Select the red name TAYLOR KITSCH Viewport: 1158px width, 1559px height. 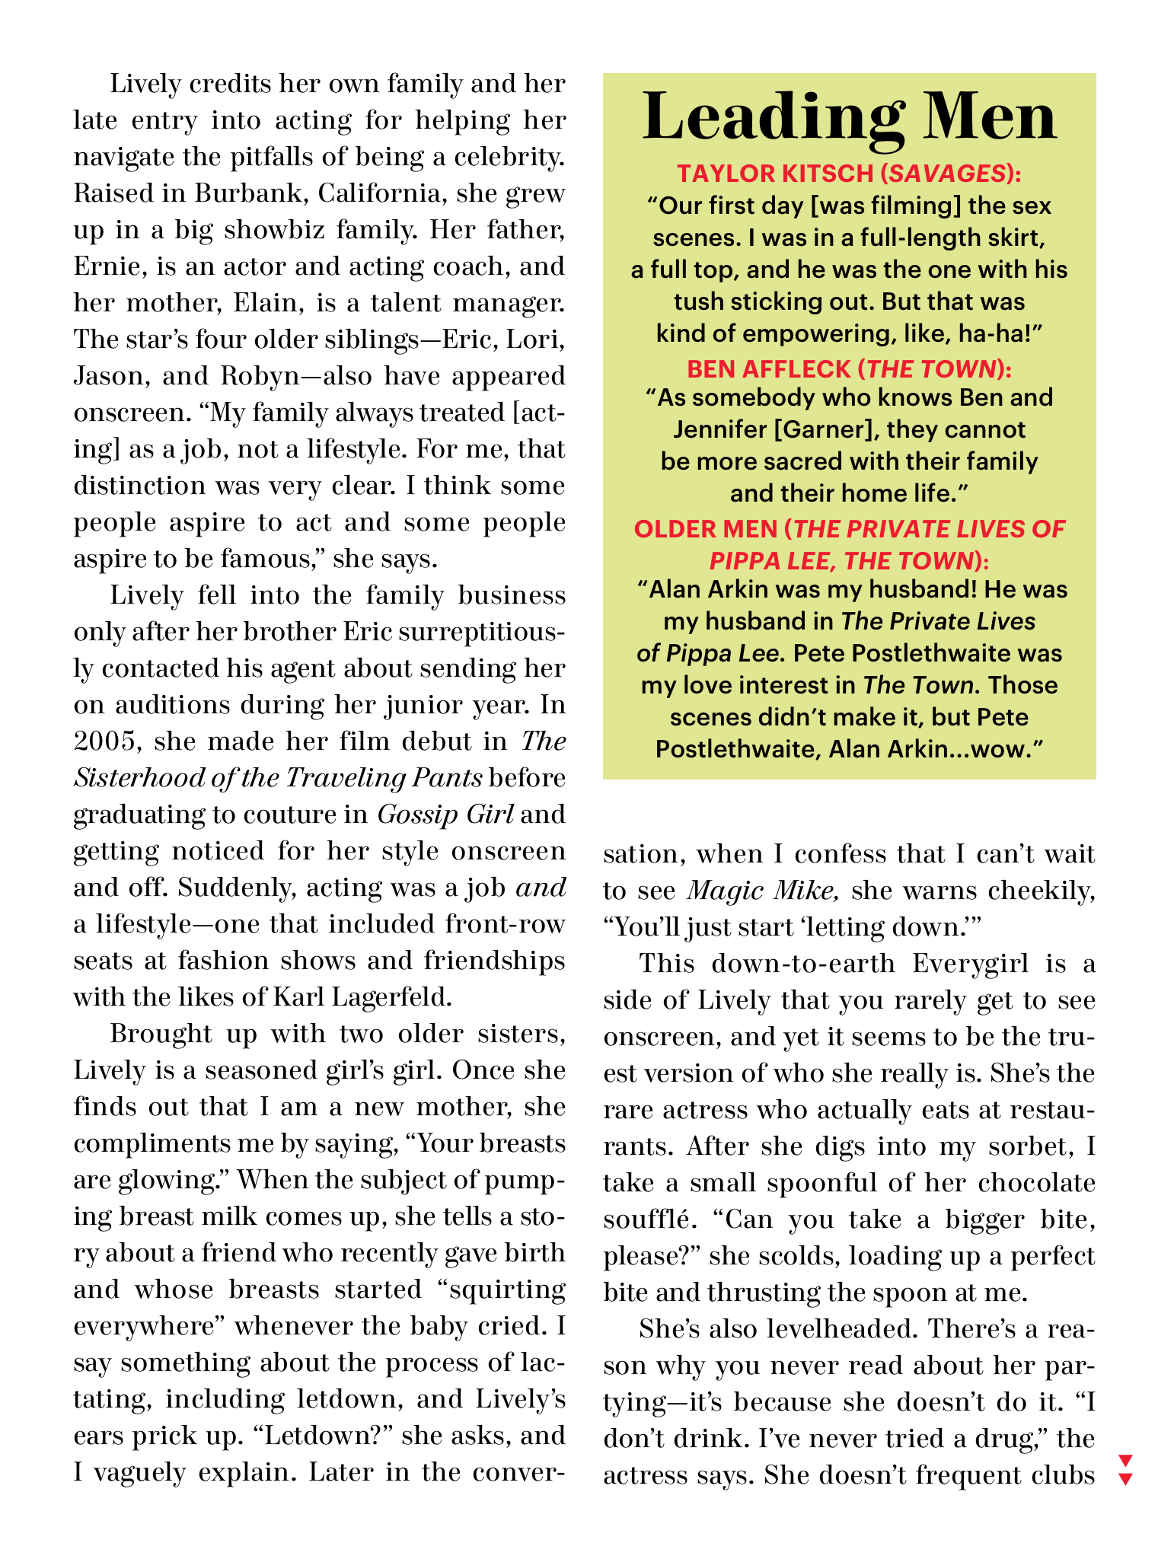pyautogui.click(x=775, y=174)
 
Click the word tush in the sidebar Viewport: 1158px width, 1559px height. pyautogui.click(x=698, y=302)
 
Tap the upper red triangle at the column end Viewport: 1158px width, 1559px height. pyautogui.click(x=1126, y=1460)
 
